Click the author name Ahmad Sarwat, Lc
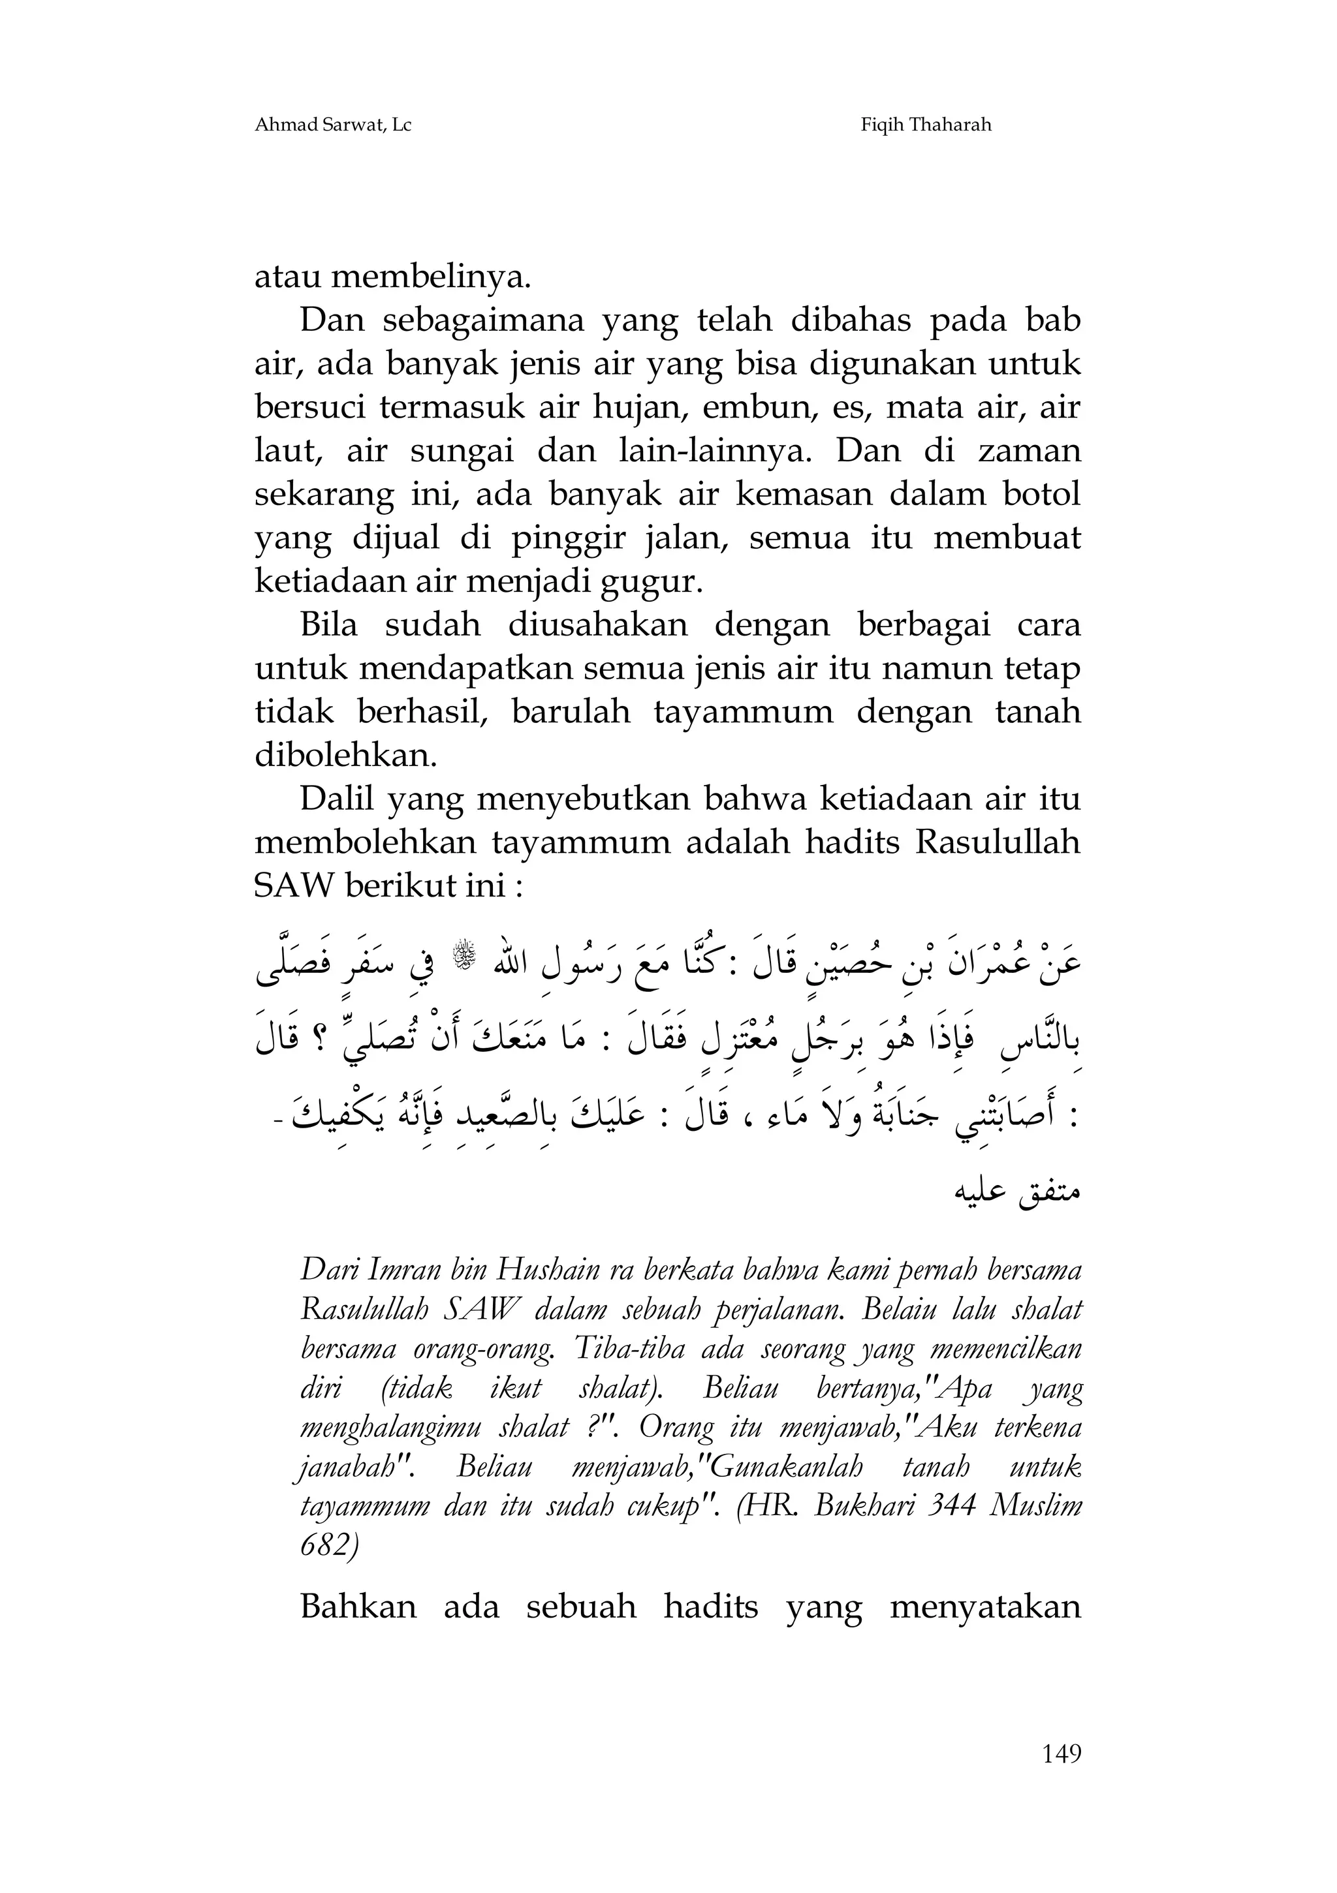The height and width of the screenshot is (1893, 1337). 332,125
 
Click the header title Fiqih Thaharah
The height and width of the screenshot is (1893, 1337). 926,125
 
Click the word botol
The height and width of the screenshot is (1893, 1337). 1040,494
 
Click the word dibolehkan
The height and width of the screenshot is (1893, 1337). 345,755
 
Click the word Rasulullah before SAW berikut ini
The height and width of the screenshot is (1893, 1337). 998,842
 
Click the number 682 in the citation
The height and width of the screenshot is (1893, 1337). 328,1545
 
